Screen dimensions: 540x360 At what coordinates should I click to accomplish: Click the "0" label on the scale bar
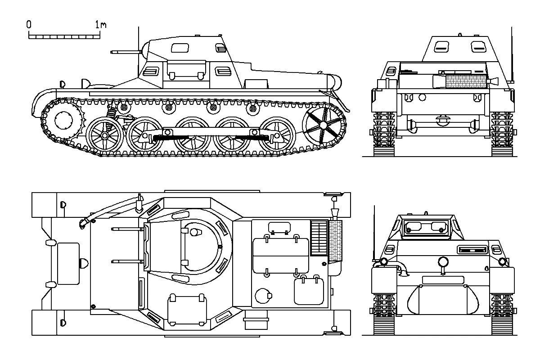29,24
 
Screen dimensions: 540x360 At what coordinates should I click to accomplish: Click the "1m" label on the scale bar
100,24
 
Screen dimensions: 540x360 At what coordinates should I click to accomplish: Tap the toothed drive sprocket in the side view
63,120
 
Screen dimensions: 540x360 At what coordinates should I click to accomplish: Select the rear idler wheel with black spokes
323,125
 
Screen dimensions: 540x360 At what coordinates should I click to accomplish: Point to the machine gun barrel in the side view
126,52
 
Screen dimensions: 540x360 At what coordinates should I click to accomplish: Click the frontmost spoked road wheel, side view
104,135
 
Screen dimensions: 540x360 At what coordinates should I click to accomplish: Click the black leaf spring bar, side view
211,138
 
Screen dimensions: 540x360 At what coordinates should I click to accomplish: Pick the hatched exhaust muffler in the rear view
466,81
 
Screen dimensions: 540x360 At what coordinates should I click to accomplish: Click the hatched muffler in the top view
336,240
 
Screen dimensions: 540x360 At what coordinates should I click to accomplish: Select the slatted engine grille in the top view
319,238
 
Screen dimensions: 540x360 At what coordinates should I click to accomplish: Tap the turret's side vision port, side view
180,48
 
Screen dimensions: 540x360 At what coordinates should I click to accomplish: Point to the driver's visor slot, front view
472,250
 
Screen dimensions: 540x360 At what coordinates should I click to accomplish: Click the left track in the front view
384,314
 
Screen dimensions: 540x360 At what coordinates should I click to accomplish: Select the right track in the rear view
502,134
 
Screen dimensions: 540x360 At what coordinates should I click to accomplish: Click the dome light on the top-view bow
84,263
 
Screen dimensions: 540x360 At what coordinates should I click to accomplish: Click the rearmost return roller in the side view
252,109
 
